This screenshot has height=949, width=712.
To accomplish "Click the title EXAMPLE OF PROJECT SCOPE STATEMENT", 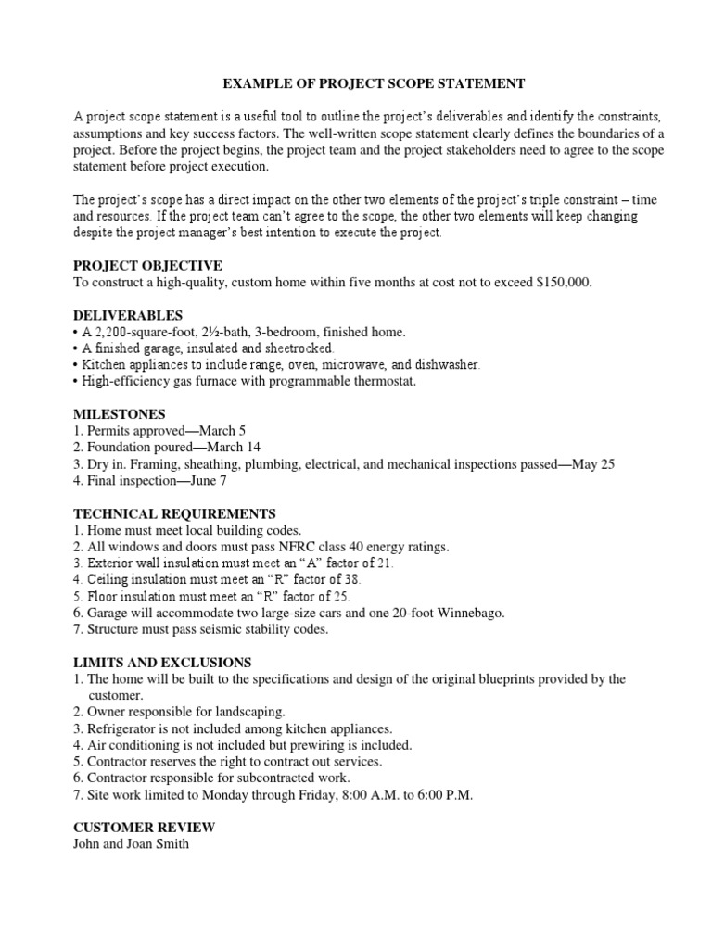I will pyautogui.click(x=374, y=84).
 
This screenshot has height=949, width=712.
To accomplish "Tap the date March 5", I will pyautogui.click(x=226, y=430).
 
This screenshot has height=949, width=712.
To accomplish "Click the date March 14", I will pyautogui.click(x=243, y=447).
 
